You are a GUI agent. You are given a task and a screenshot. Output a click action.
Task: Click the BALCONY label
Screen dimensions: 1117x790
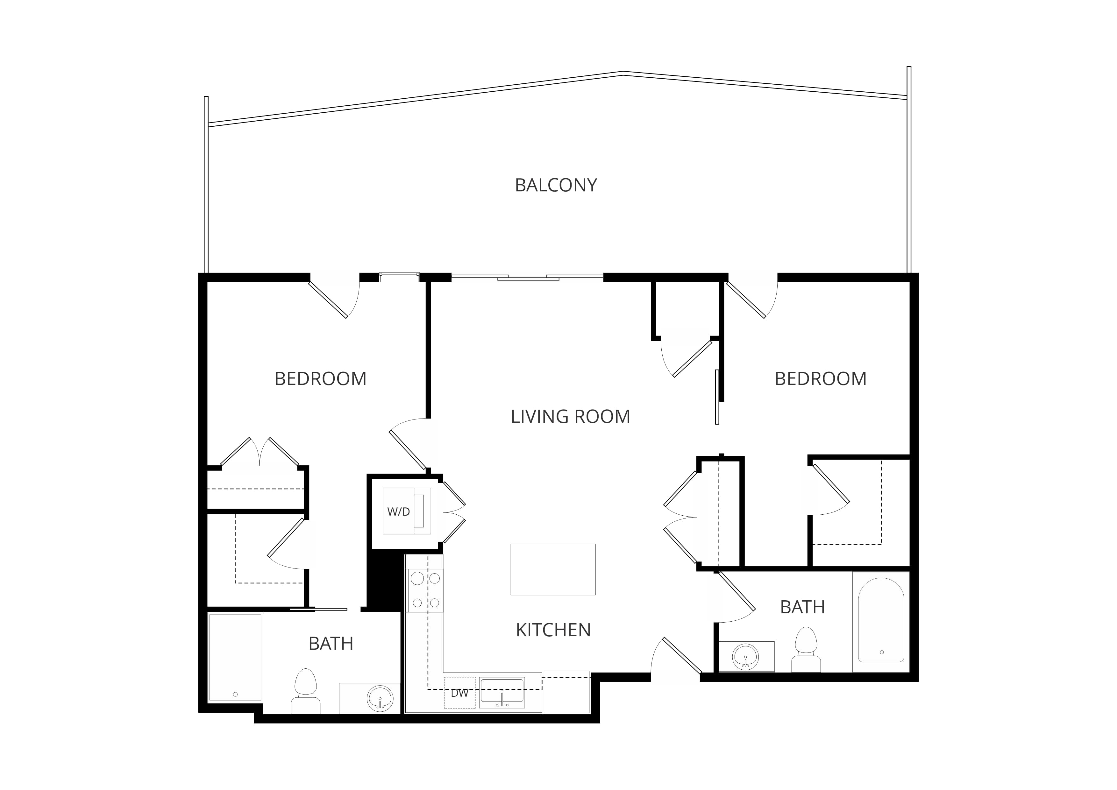click(556, 185)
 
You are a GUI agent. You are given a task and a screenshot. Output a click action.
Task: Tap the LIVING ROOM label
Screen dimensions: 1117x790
click(570, 416)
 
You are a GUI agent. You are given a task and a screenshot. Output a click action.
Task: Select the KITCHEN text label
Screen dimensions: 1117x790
click(553, 630)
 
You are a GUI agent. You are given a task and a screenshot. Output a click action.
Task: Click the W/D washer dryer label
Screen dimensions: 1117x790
click(398, 512)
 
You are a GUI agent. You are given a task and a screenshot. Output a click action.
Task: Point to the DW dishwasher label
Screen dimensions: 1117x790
click(459, 693)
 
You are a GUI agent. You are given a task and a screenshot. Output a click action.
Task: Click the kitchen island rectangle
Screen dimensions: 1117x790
click(553, 569)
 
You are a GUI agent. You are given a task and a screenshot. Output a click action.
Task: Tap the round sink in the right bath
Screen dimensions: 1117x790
click(745, 657)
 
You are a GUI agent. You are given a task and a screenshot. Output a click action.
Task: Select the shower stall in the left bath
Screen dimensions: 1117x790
click(235, 658)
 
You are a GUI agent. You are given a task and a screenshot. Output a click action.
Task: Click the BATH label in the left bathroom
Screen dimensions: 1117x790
click(331, 644)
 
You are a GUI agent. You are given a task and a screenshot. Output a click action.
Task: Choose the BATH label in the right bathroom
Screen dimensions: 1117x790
click(803, 607)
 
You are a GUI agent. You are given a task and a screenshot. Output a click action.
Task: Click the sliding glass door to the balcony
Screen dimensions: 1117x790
click(528, 277)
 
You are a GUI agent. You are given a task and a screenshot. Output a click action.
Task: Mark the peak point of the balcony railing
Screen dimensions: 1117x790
click(623, 73)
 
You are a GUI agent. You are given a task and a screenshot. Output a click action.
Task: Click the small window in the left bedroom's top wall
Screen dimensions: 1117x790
click(399, 277)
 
